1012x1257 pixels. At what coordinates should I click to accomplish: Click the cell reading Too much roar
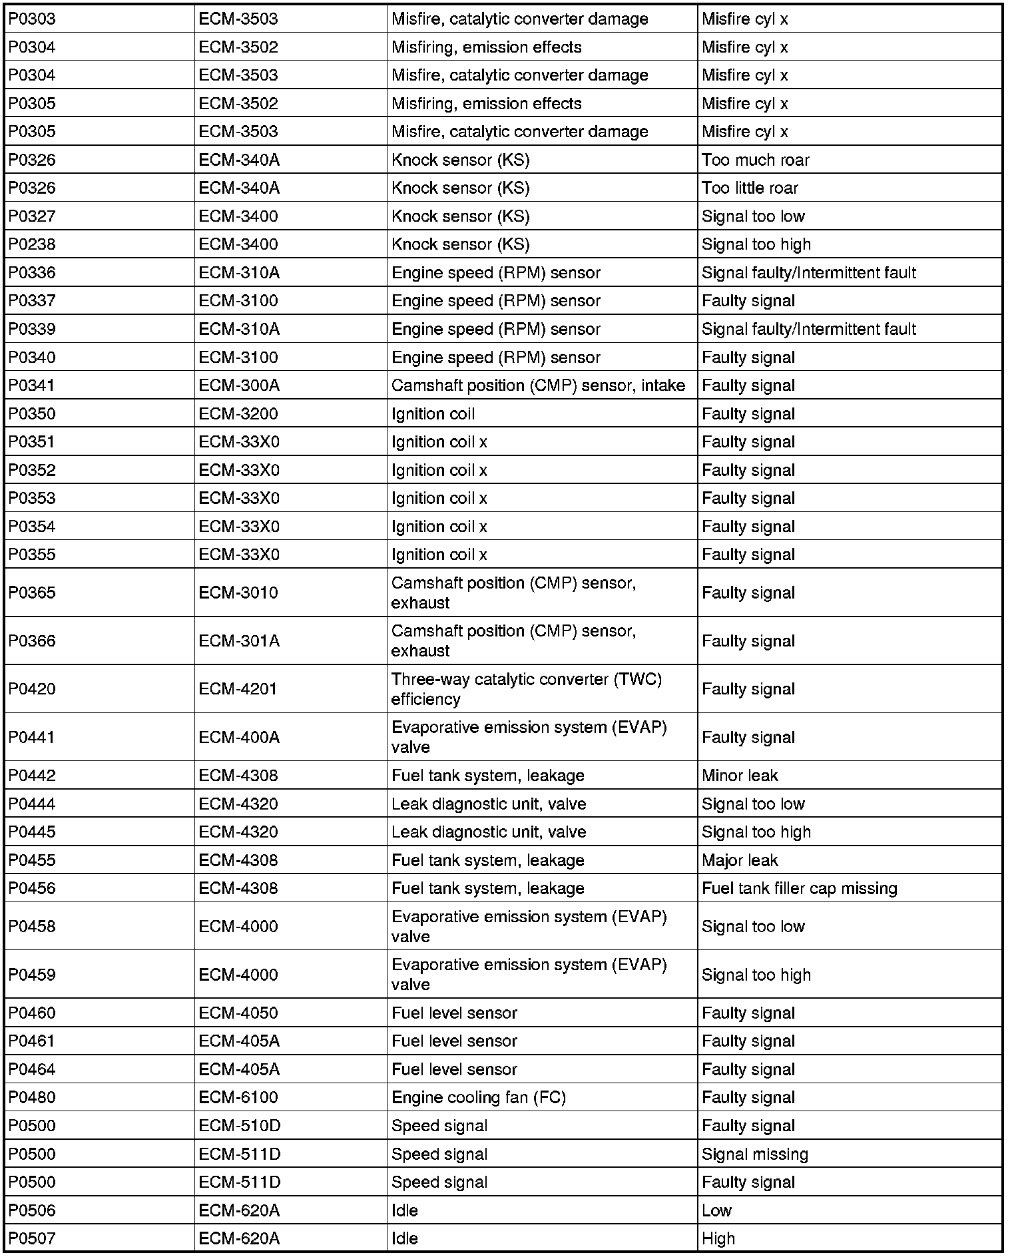755,160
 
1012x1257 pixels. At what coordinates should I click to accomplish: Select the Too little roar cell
749,188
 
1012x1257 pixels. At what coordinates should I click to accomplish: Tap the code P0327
32,216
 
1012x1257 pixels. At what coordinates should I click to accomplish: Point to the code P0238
32,244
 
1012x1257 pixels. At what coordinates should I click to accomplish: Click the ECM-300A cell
239,385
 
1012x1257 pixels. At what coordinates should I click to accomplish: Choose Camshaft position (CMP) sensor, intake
538,385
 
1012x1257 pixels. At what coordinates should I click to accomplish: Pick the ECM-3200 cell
238,414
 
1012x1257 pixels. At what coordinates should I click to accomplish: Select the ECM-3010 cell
238,593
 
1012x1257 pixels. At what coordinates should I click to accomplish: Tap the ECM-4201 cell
238,689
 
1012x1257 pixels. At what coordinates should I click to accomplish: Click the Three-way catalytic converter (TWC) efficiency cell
526,689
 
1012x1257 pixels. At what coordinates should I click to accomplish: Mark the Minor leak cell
740,776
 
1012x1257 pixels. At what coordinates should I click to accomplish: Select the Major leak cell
740,860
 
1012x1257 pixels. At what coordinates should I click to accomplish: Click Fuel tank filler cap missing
799,889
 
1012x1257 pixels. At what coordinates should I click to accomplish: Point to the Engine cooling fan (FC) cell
478,1097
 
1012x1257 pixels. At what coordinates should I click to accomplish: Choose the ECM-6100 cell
238,1097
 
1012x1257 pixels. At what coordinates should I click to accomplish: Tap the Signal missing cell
754,1154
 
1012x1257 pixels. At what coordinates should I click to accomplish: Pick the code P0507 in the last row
32,1239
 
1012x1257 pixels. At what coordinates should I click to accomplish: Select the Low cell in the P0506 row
716,1210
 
